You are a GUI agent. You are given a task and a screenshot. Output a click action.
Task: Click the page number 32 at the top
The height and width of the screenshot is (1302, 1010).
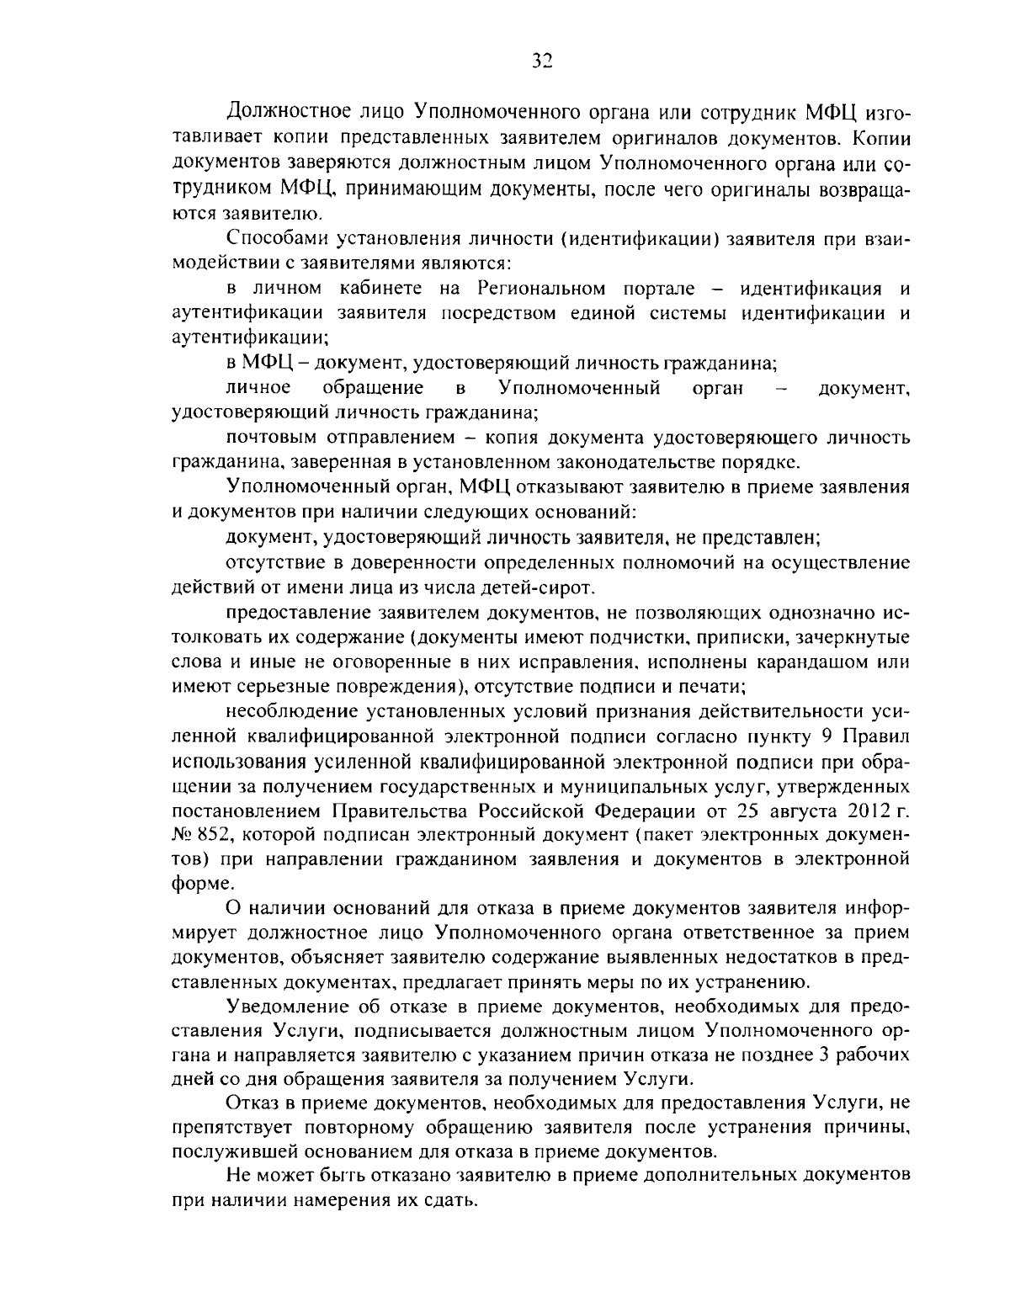tap(541, 61)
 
